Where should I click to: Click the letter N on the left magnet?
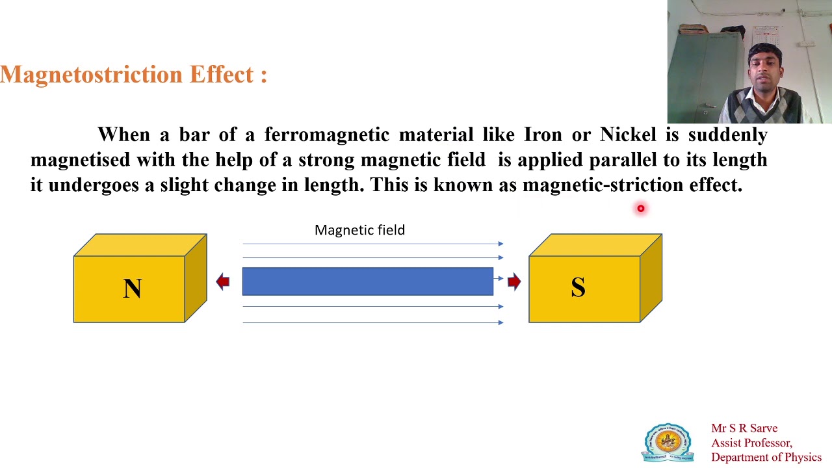pyautogui.click(x=132, y=289)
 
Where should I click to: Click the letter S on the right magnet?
pyautogui.click(x=578, y=288)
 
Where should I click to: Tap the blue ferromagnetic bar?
pyautogui.click(x=367, y=281)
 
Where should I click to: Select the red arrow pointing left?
pyautogui.click(x=223, y=281)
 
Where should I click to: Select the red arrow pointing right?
pyautogui.click(x=514, y=281)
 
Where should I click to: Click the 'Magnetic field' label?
pyautogui.click(x=359, y=230)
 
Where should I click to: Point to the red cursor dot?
pyautogui.click(x=640, y=209)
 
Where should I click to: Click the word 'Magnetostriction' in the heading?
pyautogui.click(x=91, y=75)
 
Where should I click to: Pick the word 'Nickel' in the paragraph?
pyautogui.click(x=628, y=135)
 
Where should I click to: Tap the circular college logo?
pyautogui.click(x=668, y=443)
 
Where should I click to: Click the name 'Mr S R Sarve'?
pyautogui.click(x=744, y=428)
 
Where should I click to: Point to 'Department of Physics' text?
pyautogui.click(x=766, y=457)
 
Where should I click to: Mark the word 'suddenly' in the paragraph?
pyautogui.click(x=727, y=135)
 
